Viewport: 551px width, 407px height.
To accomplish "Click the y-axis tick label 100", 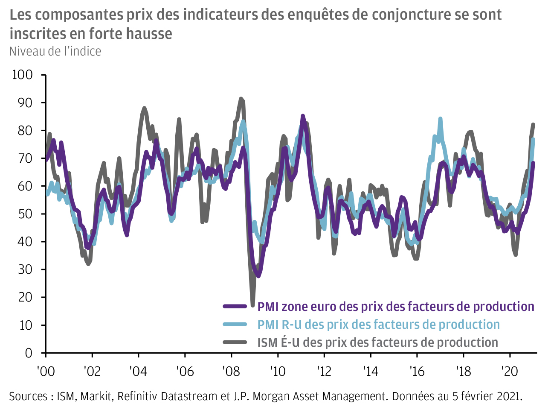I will pyautogui.click(x=23, y=75).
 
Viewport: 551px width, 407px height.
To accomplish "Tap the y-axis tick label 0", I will pyautogui.click(x=29, y=353).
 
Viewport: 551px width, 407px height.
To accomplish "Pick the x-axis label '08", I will pyautogui.click(x=231, y=371).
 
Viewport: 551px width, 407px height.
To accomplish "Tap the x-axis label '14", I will pyautogui.click(x=370, y=371).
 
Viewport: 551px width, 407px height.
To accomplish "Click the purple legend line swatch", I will pyautogui.click(x=235, y=306).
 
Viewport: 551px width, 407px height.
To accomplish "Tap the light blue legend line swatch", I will pyautogui.click(x=235, y=324).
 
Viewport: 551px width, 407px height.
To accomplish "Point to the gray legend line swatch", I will pyautogui.click(x=235, y=342).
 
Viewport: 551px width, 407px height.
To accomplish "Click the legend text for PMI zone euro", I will pyautogui.click(x=395, y=306).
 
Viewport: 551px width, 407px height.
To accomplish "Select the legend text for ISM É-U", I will pyautogui.click(x=377, y=342).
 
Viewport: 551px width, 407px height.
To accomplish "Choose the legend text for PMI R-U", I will pyautogui.click(x=378, y=324).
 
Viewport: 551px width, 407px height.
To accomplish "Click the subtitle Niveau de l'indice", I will pyautogui.click(x=55, y=51).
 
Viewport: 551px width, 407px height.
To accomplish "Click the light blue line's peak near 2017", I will pyautogui.click(x=440, y=119).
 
